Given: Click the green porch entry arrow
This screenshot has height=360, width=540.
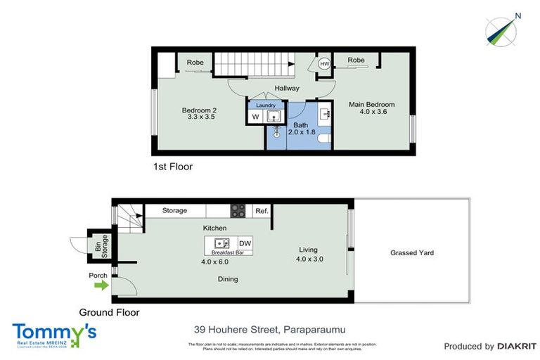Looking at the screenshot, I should pos(101,285).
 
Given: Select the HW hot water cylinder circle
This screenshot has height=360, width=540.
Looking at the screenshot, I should pos(324,64).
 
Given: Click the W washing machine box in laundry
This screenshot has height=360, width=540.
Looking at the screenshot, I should pos(255,117).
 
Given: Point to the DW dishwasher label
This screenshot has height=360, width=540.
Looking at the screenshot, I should pos(245,243).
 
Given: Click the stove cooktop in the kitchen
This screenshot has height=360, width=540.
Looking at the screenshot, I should pos(238,210).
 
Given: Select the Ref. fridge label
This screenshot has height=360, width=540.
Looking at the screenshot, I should pos(262,210).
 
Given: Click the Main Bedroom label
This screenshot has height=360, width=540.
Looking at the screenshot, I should pos(372,105).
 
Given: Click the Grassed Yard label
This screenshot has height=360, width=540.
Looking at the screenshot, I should pos(412,252).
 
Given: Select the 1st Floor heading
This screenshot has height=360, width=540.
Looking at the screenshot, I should pos(172,167).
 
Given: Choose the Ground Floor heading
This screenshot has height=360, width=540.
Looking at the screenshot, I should pos(109,312).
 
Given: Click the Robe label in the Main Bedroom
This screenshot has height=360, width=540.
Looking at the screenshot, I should pos(356,60).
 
